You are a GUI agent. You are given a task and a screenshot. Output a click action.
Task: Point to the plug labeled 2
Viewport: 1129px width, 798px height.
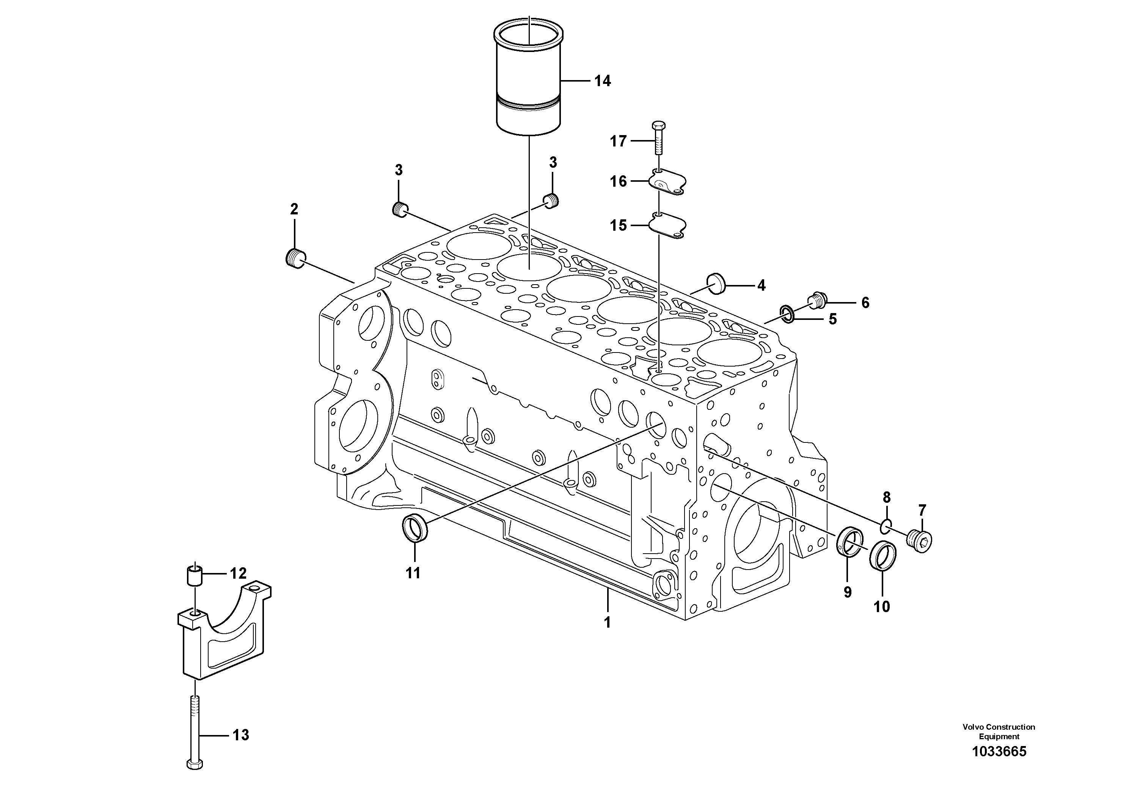tap(295, 258)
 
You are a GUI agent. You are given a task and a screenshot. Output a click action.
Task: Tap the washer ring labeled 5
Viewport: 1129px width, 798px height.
tap(787, 313)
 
